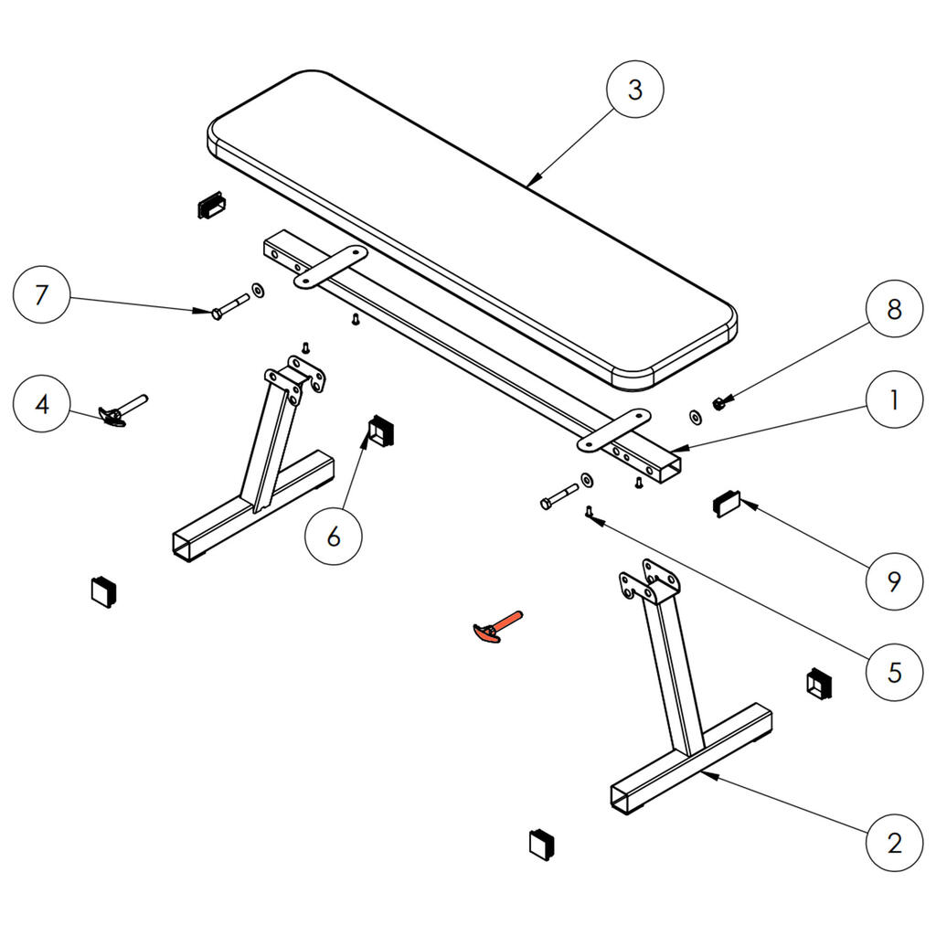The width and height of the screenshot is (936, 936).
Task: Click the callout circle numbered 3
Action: (x=635, y=90)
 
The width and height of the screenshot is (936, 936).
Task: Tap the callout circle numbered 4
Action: (x=41, y=403)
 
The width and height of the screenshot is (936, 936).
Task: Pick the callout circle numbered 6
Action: (x=333, y=537)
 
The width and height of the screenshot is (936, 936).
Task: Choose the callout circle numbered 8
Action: (x=893, y=309)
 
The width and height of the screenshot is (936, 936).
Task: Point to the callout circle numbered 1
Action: (x=893, y=400)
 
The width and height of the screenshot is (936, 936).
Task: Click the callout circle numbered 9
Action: (x=893, y=580)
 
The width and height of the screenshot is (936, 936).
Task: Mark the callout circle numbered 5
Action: (x=893, y=673)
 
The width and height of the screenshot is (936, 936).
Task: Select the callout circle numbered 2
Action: (x=893, y=841)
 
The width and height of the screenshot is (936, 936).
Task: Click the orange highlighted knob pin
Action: (x=496, y=628)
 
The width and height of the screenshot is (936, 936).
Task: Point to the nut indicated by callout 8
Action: (x=719, y=401)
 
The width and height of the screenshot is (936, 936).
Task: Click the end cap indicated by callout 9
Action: (x=728, y=503)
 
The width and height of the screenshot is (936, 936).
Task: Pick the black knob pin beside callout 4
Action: (x=123, y=410)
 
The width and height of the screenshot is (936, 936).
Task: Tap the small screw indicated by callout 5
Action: (x=590, y=513)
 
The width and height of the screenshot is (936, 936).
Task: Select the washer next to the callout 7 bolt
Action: (x=258, y=290)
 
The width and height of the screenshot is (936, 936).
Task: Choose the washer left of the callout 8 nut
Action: (x=695, y=417)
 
